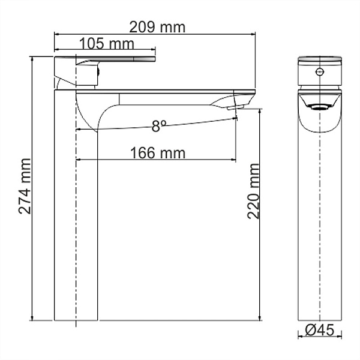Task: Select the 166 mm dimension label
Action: tap(158, 153)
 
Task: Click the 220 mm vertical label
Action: tap(253, 191)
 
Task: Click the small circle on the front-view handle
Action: tap(320, 73)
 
